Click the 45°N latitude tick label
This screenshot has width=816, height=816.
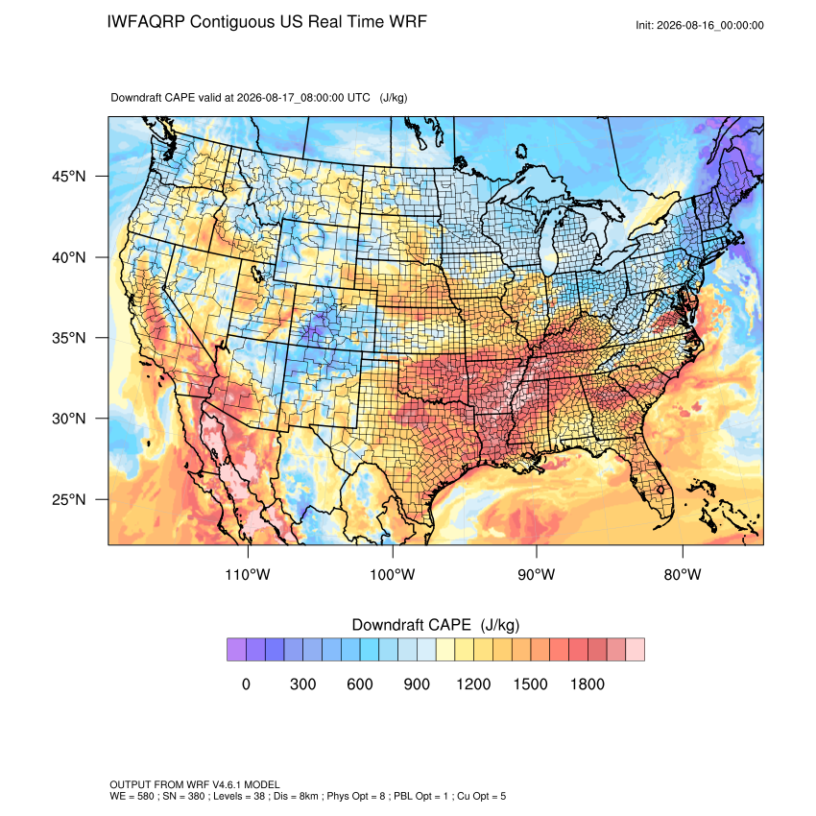(x=69, y=177)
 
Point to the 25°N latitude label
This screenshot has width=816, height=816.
(x=69, y=499)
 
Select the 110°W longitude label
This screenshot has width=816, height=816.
(x=248, y=575)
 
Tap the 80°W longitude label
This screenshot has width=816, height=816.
(x=683, y=575)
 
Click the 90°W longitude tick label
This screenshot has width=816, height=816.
(x=536, y=575)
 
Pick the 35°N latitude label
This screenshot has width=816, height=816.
(x=69, y=338)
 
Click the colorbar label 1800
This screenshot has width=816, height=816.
(x=587, y=684)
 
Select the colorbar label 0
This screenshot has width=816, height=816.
(x=246, y=684)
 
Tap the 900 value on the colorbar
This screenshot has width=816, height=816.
(x=417, y=684)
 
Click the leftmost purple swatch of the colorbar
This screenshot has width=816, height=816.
(x=236, y=650)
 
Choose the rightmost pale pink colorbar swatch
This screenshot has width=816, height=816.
(x=635, y=650)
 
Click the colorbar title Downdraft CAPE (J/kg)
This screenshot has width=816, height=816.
(x=436, y=625)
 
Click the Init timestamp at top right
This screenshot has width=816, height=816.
(x=700, y=26)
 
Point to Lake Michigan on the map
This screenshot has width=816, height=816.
(x=546, y=240)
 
